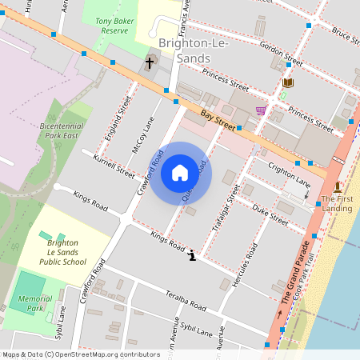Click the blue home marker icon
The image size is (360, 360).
(180, 173)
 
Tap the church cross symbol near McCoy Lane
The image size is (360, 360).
(149, 62)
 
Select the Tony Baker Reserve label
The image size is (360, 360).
(111, 25)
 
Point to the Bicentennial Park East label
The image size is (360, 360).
(61, 130)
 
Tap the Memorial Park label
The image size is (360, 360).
(34, 303)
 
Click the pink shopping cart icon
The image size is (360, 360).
(261, 110)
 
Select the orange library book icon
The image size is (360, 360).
(288, 82)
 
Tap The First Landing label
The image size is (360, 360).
(337, 203)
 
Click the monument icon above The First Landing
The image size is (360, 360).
(337, 186)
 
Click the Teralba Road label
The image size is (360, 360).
(186, 300)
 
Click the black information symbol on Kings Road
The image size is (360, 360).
(192, 255)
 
